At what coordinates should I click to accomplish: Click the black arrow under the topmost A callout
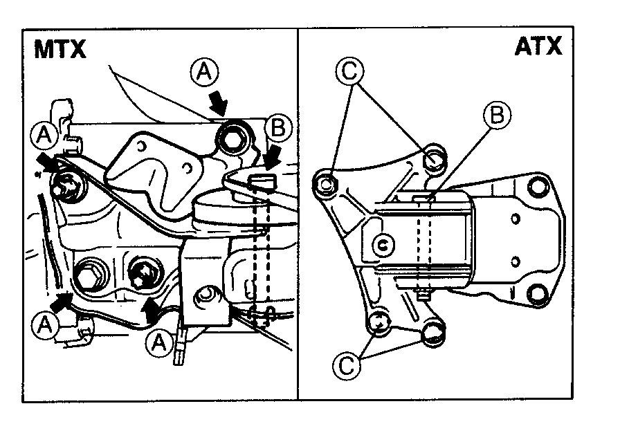pos(219,104)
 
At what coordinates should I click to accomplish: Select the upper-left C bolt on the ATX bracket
pos(326,183)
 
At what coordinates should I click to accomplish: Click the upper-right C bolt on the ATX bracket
pos(434,158)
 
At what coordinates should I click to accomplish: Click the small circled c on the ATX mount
pos(383,243)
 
